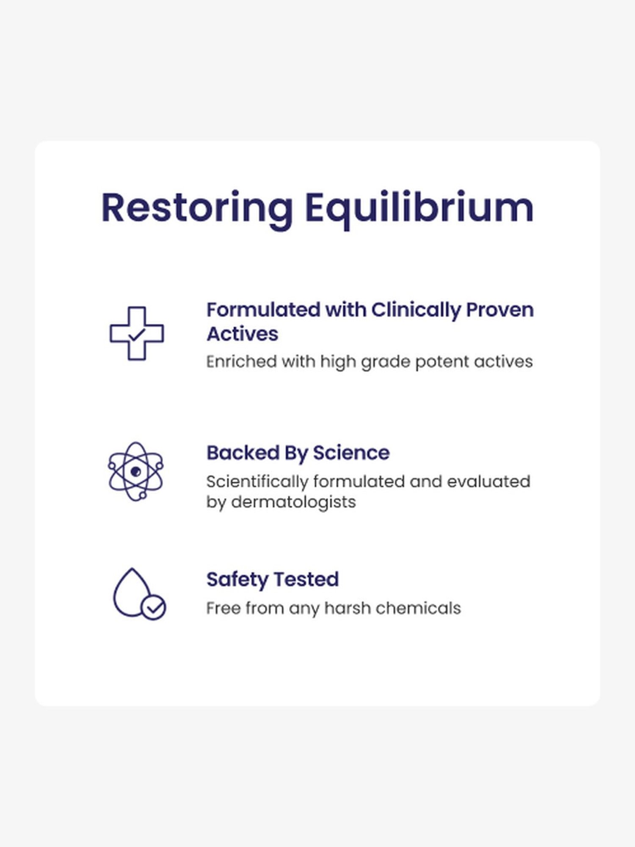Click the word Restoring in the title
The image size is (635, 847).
tap(197, 208)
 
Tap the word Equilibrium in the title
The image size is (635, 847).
tap(419, 208)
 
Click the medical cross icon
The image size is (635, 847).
tap(137, 333)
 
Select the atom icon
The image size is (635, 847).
tap(135, 471)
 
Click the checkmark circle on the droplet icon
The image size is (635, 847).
tap(153, 608)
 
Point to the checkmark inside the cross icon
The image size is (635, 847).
tap(137, 335)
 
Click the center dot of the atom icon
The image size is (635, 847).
tap(135, 471)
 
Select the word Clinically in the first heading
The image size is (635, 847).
tap(416, 310)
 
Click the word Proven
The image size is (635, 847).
tap(500, 310)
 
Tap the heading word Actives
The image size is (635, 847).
tap(242, 334)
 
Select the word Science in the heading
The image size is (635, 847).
tap(351, 453)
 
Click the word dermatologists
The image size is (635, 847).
tap(293, 502)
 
